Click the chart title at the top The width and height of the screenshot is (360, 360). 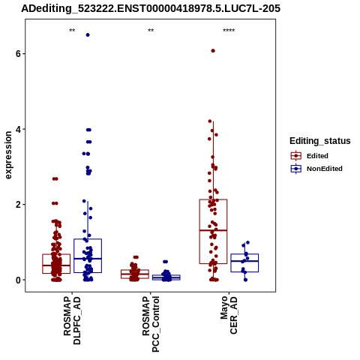pos(151,8)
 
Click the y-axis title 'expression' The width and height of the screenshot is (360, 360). pos(8,155)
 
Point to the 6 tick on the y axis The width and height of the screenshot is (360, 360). pos(19,53)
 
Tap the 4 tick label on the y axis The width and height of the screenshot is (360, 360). pos(19,129)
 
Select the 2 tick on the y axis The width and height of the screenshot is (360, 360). pos(19,205)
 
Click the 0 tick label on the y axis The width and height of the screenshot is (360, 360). pos(19,280)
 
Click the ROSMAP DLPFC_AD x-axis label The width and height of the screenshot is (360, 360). pos(72,320)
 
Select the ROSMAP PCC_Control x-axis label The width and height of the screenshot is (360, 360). pos(151,324)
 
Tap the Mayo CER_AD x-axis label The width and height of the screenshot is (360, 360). pos(229,315)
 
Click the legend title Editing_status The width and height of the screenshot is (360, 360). pos(320,141)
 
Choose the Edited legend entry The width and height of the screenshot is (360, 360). pos(310,156)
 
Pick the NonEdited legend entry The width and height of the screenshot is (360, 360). pos(316,169)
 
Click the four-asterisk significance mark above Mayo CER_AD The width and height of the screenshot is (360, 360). pos(229,31)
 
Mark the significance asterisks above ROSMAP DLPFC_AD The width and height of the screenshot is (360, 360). pos(72,31)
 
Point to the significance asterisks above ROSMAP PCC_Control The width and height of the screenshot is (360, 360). pos(151,31)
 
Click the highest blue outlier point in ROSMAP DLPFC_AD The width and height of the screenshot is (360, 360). pos(88,35)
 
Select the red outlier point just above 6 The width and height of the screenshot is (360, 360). pos(213,51)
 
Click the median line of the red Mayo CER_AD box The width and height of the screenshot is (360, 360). pos(213,230)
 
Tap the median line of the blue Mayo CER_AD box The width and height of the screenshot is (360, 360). pos(244,261)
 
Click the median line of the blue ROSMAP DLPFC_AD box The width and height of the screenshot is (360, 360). pos(88,259)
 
